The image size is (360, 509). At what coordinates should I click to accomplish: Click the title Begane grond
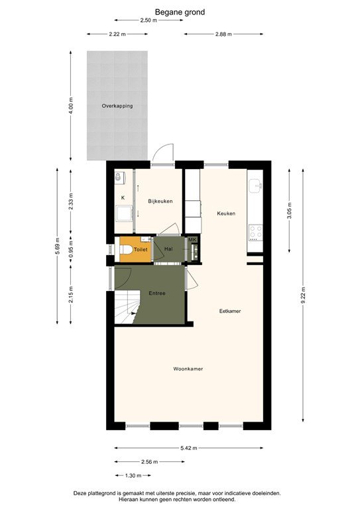[180, 11]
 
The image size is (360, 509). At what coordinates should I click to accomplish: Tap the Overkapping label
[117, 106]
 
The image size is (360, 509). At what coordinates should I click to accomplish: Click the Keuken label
[227, 213]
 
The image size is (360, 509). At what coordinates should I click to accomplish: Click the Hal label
[168, 249]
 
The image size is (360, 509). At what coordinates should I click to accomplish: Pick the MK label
[192, 240]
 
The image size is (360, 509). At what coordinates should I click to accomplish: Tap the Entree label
[157, 292]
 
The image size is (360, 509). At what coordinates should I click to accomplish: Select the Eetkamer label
[229, 310]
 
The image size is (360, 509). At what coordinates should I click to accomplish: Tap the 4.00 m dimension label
[71, 106]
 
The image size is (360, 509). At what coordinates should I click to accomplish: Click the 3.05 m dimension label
[288, 210]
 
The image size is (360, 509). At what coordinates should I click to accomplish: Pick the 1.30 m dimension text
[133, 475]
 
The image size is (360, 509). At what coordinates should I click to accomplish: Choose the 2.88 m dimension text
[224, 34]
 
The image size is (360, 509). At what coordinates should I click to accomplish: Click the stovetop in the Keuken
[255, 233]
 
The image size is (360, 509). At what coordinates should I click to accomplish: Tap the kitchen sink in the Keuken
[255, 185]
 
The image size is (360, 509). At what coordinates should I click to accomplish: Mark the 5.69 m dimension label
[58, 245]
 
